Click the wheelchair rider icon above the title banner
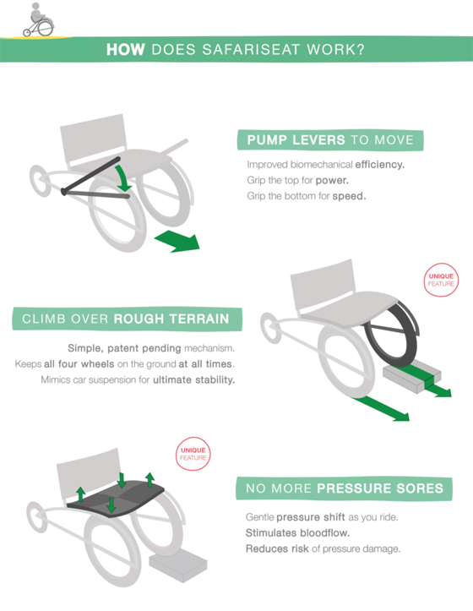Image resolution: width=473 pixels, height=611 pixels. point(38,20)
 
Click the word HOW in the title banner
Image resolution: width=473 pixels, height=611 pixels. point(126,50)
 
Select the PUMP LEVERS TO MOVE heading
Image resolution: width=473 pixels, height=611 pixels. point(330,140)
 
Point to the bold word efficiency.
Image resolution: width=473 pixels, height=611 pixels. point(380,165)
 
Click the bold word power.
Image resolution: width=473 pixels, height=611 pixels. point(332,180)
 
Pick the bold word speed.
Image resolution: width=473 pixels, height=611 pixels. point(349,196)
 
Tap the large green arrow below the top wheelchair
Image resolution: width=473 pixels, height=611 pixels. point(178,240)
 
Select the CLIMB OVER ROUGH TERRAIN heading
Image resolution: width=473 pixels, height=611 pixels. point(127,319)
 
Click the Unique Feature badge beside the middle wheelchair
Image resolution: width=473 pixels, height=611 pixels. point(441,280)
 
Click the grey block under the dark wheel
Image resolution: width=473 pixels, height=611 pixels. point(412,376)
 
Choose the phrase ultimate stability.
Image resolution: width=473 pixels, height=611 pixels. point(193,379)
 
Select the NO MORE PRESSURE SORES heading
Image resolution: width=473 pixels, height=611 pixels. point(344,488)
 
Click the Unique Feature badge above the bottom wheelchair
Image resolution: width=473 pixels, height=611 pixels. point(193,454)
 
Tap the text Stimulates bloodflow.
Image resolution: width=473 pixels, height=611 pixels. point(297,532)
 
